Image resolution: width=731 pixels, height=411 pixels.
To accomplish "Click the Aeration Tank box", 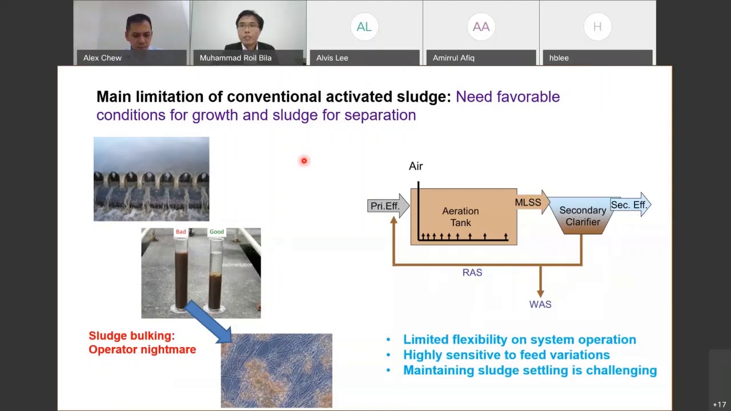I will (463, 217).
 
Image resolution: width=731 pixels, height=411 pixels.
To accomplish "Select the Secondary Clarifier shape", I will (582, 216).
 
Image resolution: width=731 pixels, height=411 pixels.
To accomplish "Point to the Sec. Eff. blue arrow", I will (630, 205).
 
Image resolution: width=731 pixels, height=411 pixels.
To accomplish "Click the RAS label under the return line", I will (472, 273).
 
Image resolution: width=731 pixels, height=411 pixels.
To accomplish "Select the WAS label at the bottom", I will (540, 304).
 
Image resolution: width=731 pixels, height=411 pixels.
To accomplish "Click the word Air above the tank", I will (416, 166).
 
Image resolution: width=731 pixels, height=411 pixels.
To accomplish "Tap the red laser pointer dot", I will (304, 161).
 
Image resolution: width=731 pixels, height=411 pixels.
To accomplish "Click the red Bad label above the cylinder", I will (181, 232).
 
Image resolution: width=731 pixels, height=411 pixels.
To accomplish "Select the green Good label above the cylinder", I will (216, 232).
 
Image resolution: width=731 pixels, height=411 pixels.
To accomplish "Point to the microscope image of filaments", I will (276, 370).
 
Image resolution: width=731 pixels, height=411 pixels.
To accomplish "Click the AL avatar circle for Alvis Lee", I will (364, 26).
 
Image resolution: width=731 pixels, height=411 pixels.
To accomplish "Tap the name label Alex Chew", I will (102, 58).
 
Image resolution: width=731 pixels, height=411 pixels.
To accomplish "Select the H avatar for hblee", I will (597, 26).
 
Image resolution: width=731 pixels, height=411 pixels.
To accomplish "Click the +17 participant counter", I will (719, 405).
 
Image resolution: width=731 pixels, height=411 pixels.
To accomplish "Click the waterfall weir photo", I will (151, 179).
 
